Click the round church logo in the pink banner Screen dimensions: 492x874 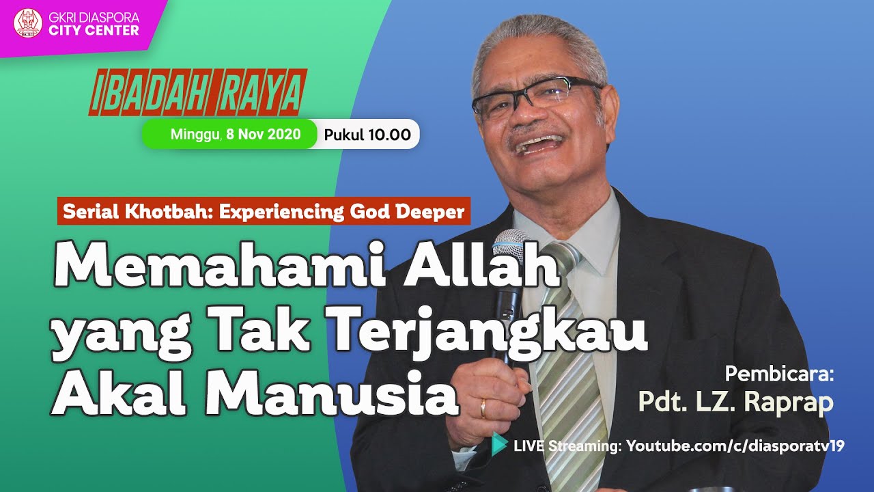(x=28, y=23)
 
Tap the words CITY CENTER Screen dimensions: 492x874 (x=94, y=30)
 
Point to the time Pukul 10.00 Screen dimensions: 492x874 (x=367, y=135)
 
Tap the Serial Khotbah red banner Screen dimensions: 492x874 (x=264, y=212)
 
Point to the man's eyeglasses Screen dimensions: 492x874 (x=536, y=96)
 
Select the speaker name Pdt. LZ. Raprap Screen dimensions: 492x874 (x=735, y=402)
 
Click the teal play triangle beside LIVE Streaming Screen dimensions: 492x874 (x=500, y=445)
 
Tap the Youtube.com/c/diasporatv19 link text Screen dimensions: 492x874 (x=735, y=446)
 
